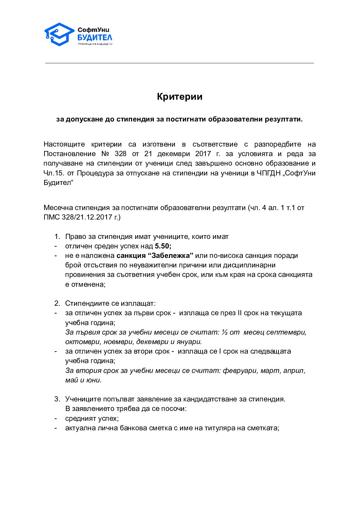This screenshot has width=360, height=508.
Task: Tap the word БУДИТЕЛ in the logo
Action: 95,38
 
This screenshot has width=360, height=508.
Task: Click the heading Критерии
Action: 180,97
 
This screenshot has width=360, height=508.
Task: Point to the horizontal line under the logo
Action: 180,63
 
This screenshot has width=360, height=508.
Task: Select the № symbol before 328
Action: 104,154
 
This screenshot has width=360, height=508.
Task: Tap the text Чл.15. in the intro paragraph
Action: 54,173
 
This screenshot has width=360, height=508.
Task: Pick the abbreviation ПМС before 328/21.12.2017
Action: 52,217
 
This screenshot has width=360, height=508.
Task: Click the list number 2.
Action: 57,303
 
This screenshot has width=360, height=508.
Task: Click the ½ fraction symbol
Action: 224,332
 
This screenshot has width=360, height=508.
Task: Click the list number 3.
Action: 57,399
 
